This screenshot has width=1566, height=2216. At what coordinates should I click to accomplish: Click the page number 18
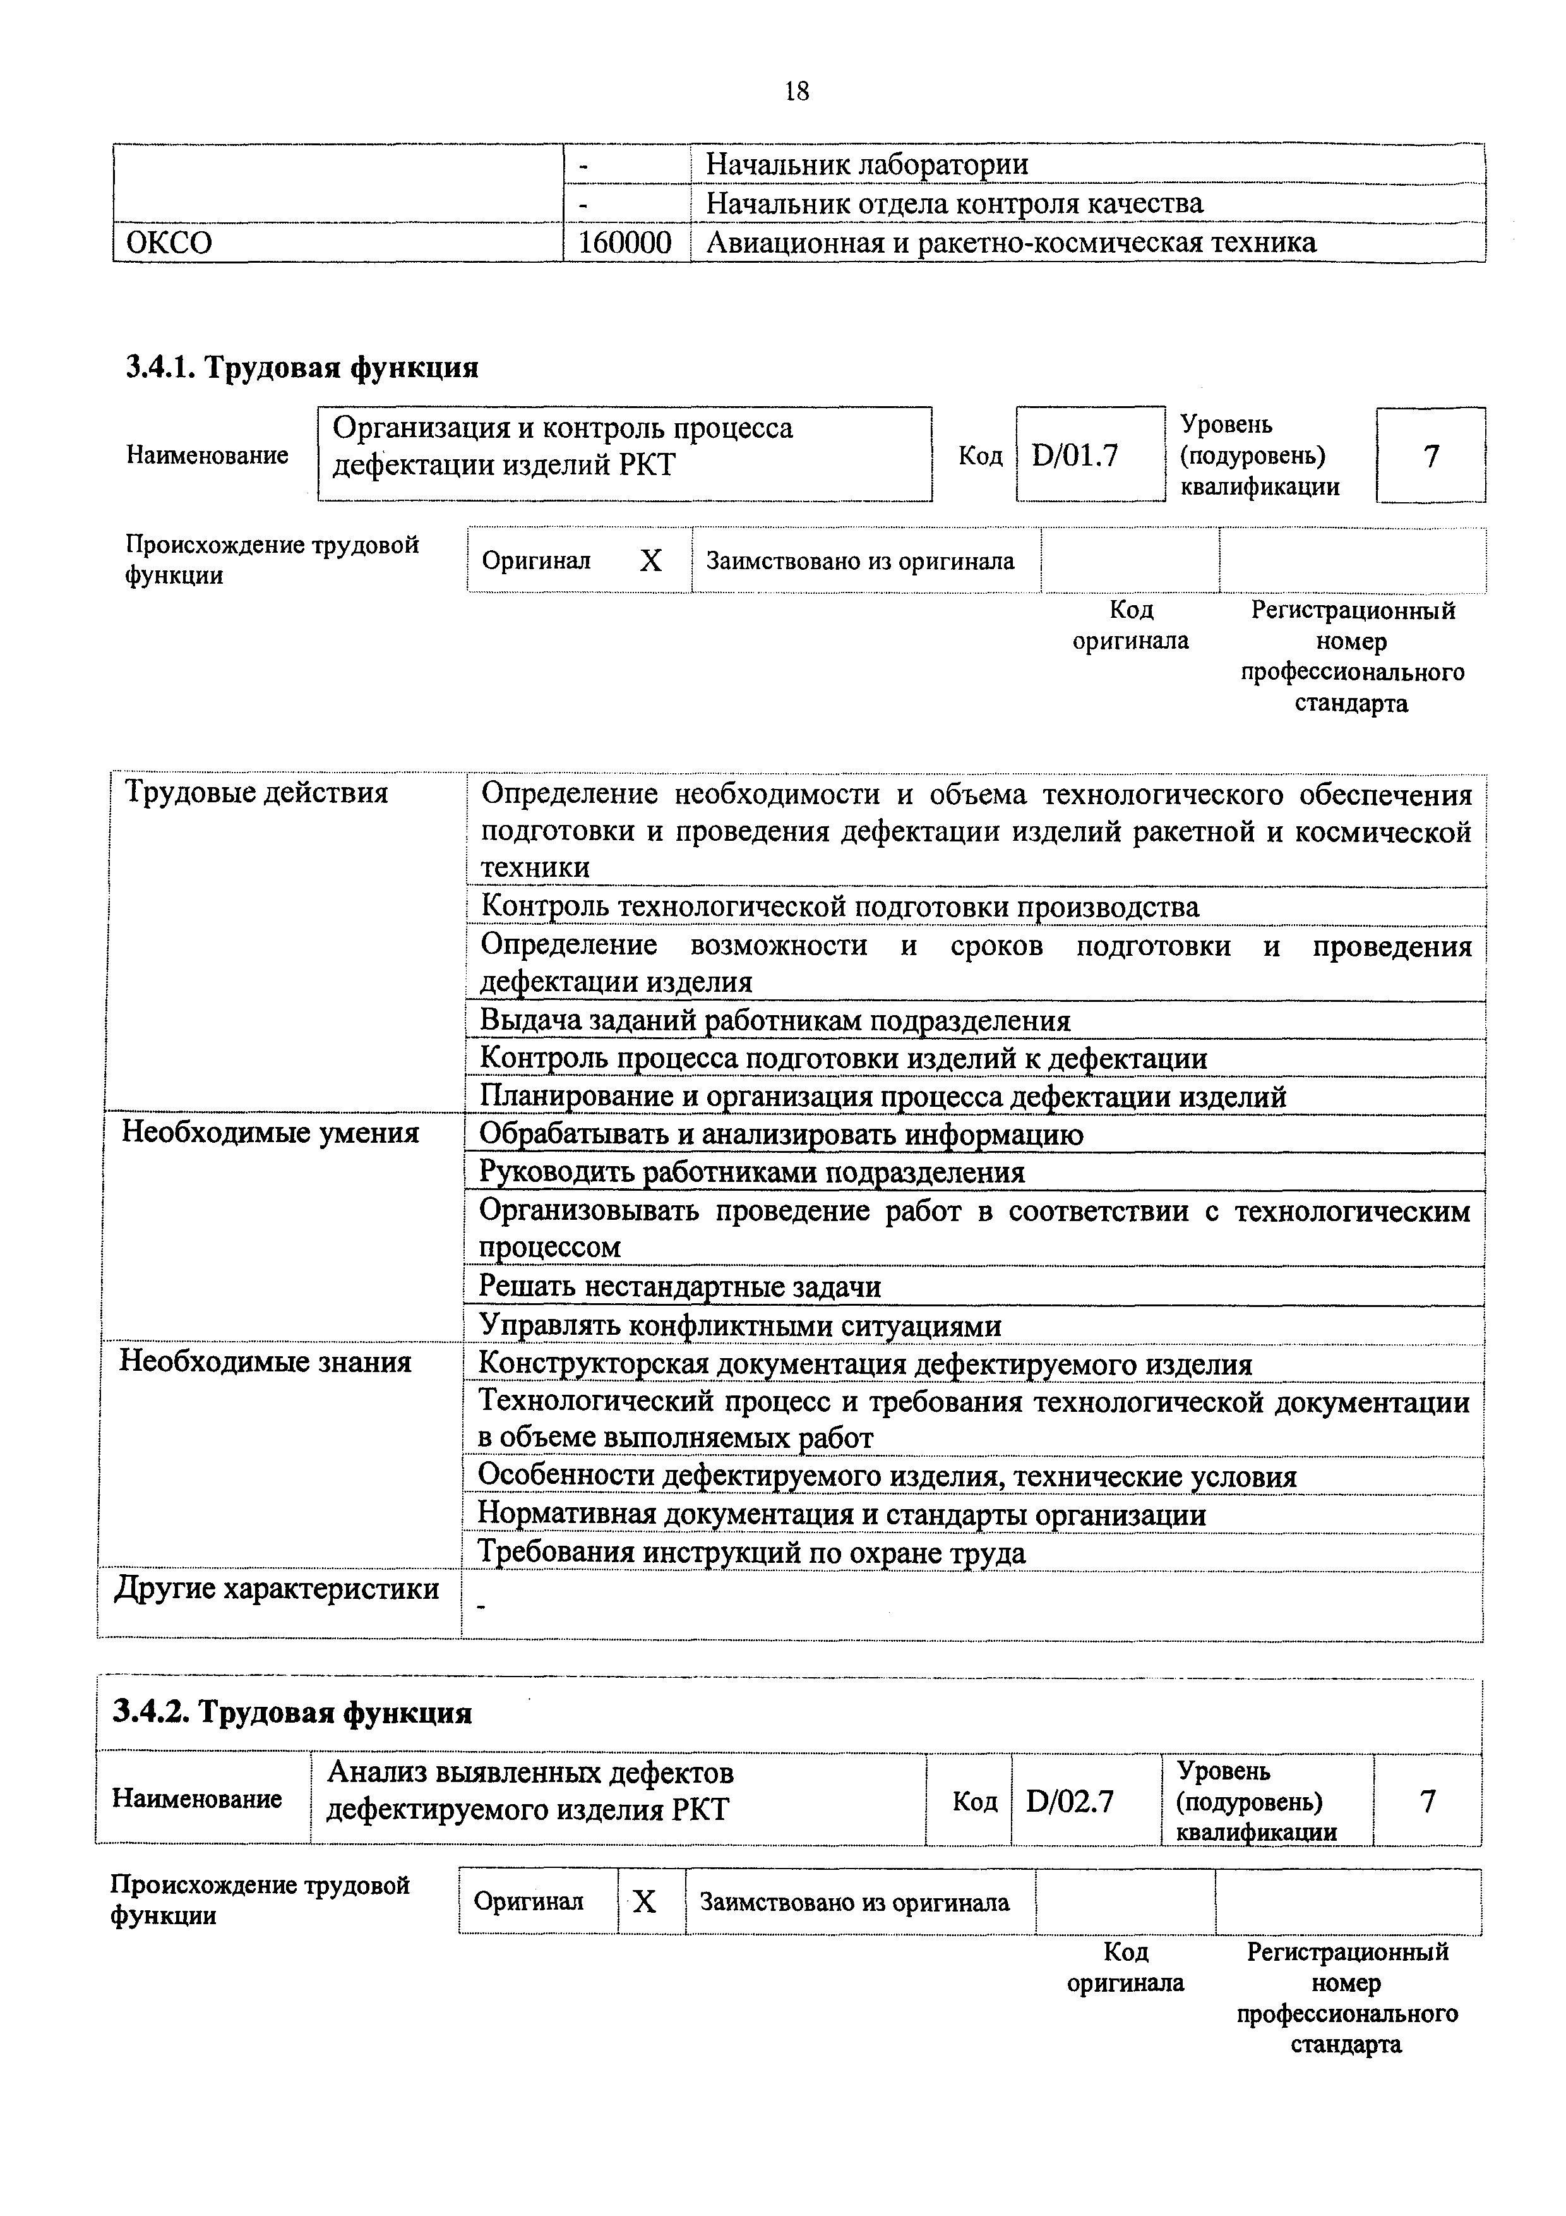(x=797, y=92)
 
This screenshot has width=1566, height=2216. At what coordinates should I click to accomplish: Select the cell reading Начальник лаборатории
(x=866, y=165)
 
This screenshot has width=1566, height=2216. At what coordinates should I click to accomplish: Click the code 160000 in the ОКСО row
(x=625, y=242)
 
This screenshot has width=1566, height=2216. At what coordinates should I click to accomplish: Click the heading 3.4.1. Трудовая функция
(x=302, y=368)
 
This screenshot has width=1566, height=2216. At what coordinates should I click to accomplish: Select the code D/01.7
(x=1074, y=455)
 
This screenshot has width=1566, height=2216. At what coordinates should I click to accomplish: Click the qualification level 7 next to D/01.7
(x=1431, y=455)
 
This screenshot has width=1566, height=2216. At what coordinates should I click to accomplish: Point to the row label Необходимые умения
(x=270, y=1132)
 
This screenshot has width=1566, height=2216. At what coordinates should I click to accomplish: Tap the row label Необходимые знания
(x=265, y=1362)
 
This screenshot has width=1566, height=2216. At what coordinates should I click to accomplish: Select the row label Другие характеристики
(x=277, y=1589)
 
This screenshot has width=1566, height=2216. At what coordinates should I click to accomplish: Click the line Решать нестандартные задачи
(x=680, y=1287)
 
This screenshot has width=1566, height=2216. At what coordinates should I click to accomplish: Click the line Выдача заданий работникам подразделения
(x=775, y=1020)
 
